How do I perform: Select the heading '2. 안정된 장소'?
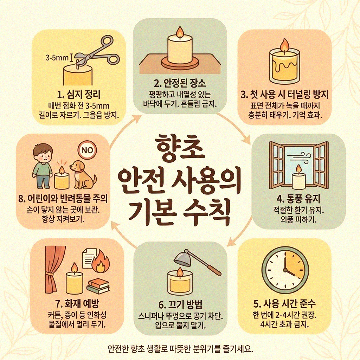pos(180,84)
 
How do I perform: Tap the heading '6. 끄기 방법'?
pos(180,303)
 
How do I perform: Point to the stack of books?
pos(97,285)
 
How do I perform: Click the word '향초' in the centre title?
pos(180,150)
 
